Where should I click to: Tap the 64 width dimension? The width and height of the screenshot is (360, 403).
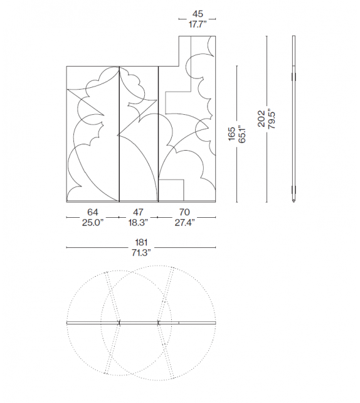point(92,212)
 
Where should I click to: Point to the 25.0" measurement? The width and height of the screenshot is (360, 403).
point(92,222)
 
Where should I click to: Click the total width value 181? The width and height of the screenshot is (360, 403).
point(140,242)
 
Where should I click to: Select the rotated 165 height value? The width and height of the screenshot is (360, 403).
point(231,133)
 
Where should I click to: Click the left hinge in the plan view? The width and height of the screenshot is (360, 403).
point(118,323)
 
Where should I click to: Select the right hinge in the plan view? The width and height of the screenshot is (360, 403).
point(159,323)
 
